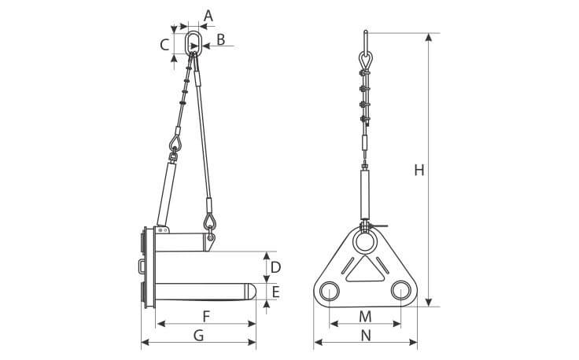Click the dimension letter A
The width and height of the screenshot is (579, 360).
click(x=208, y=16)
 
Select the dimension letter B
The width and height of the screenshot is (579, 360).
click(x=221, y=39)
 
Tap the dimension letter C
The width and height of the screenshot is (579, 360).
click(x=164, y=45)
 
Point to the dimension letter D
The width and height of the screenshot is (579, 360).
click(x=275, y=267)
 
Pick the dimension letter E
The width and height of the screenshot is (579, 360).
click(x=275, y=292)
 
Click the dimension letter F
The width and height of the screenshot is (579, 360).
click(x=206, y=316)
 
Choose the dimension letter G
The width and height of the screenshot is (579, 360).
click(x=199, y=336)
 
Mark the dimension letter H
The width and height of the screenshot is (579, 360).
click(x=419, y=170)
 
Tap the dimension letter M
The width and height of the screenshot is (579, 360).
click(x=365, y=316)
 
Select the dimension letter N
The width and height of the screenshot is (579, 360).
click(x=366, y=336)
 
